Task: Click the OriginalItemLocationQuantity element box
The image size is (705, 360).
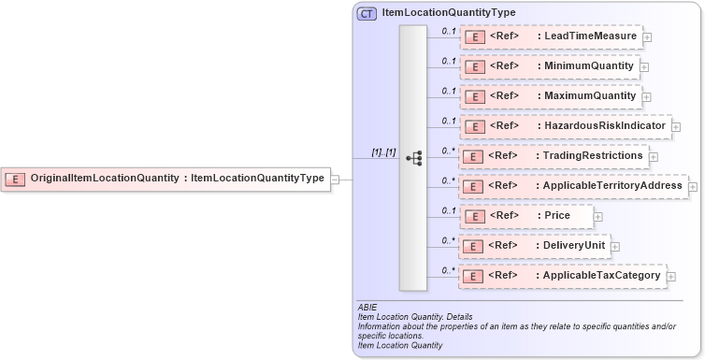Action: coord(166,178)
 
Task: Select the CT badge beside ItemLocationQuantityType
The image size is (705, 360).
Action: coord(367,13)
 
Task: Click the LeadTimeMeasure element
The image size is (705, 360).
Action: coord(551,36)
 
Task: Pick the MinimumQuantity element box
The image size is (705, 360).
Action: coord(549,66)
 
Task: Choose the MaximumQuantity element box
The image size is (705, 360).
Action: coord(550,95)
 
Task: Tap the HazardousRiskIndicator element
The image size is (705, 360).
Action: coord(565,125)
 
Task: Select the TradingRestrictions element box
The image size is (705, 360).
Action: coord(554,155)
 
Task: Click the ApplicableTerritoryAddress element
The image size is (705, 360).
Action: coord(573,186)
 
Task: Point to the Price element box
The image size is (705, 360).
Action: coord(527,216)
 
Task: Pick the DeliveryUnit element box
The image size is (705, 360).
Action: coord(535,246)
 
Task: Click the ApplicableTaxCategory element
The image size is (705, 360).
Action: coord(562,276)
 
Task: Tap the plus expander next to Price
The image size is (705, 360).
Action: coord(598,217)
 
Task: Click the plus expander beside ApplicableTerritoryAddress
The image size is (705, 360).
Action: coord(693,187)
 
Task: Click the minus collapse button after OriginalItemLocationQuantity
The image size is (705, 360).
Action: coord(336,179)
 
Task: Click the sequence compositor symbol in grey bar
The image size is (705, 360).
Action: coord(413,158)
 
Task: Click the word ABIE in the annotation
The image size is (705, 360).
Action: coord(367,306)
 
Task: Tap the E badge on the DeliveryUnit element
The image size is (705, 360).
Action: coord(474,247)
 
